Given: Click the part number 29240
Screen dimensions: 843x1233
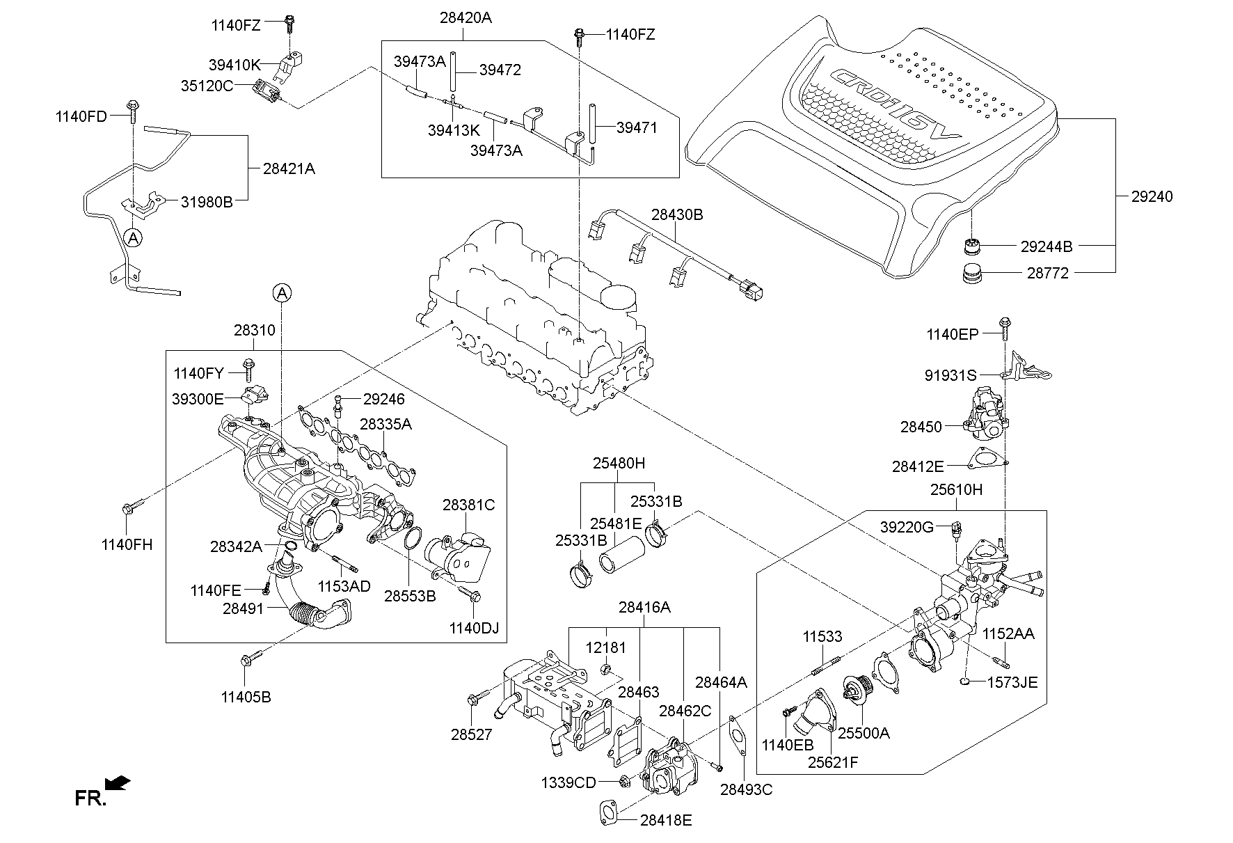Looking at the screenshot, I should tap(1152, 196).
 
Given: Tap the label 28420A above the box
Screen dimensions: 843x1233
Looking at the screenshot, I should tap(466, 18).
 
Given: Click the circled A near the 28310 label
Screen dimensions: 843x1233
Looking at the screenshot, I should tap(281, 294).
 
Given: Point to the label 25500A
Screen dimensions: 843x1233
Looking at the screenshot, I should tap(864, 733).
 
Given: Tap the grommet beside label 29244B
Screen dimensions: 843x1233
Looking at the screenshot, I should tap(972, 246).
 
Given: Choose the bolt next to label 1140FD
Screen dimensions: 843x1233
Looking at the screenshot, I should tap(132, 109).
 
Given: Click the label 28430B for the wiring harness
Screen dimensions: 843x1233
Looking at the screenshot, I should tap(677, 215).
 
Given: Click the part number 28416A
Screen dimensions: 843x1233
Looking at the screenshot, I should tap(644, 607).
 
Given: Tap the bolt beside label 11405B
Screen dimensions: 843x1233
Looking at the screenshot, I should tap(248, 658).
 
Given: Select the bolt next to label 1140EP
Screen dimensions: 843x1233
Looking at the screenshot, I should tap(1005, 327).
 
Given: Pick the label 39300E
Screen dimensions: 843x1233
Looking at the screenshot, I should tap(198, 399).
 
